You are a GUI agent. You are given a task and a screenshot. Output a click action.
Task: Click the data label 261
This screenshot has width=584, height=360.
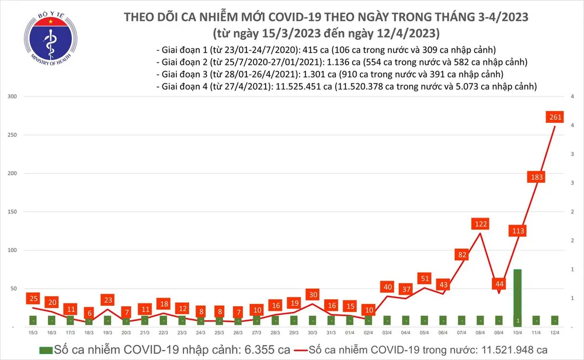point(555,117)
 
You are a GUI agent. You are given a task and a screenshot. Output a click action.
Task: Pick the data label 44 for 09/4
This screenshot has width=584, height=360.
point(499,283)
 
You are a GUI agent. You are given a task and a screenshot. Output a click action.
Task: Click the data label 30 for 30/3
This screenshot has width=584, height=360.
point(313,294)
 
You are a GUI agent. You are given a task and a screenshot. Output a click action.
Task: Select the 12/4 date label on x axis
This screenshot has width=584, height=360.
point(555,332)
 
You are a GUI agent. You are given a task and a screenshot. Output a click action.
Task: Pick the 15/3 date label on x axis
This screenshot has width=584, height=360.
point(33,332)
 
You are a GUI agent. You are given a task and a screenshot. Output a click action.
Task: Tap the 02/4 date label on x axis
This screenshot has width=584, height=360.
point(368,332)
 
